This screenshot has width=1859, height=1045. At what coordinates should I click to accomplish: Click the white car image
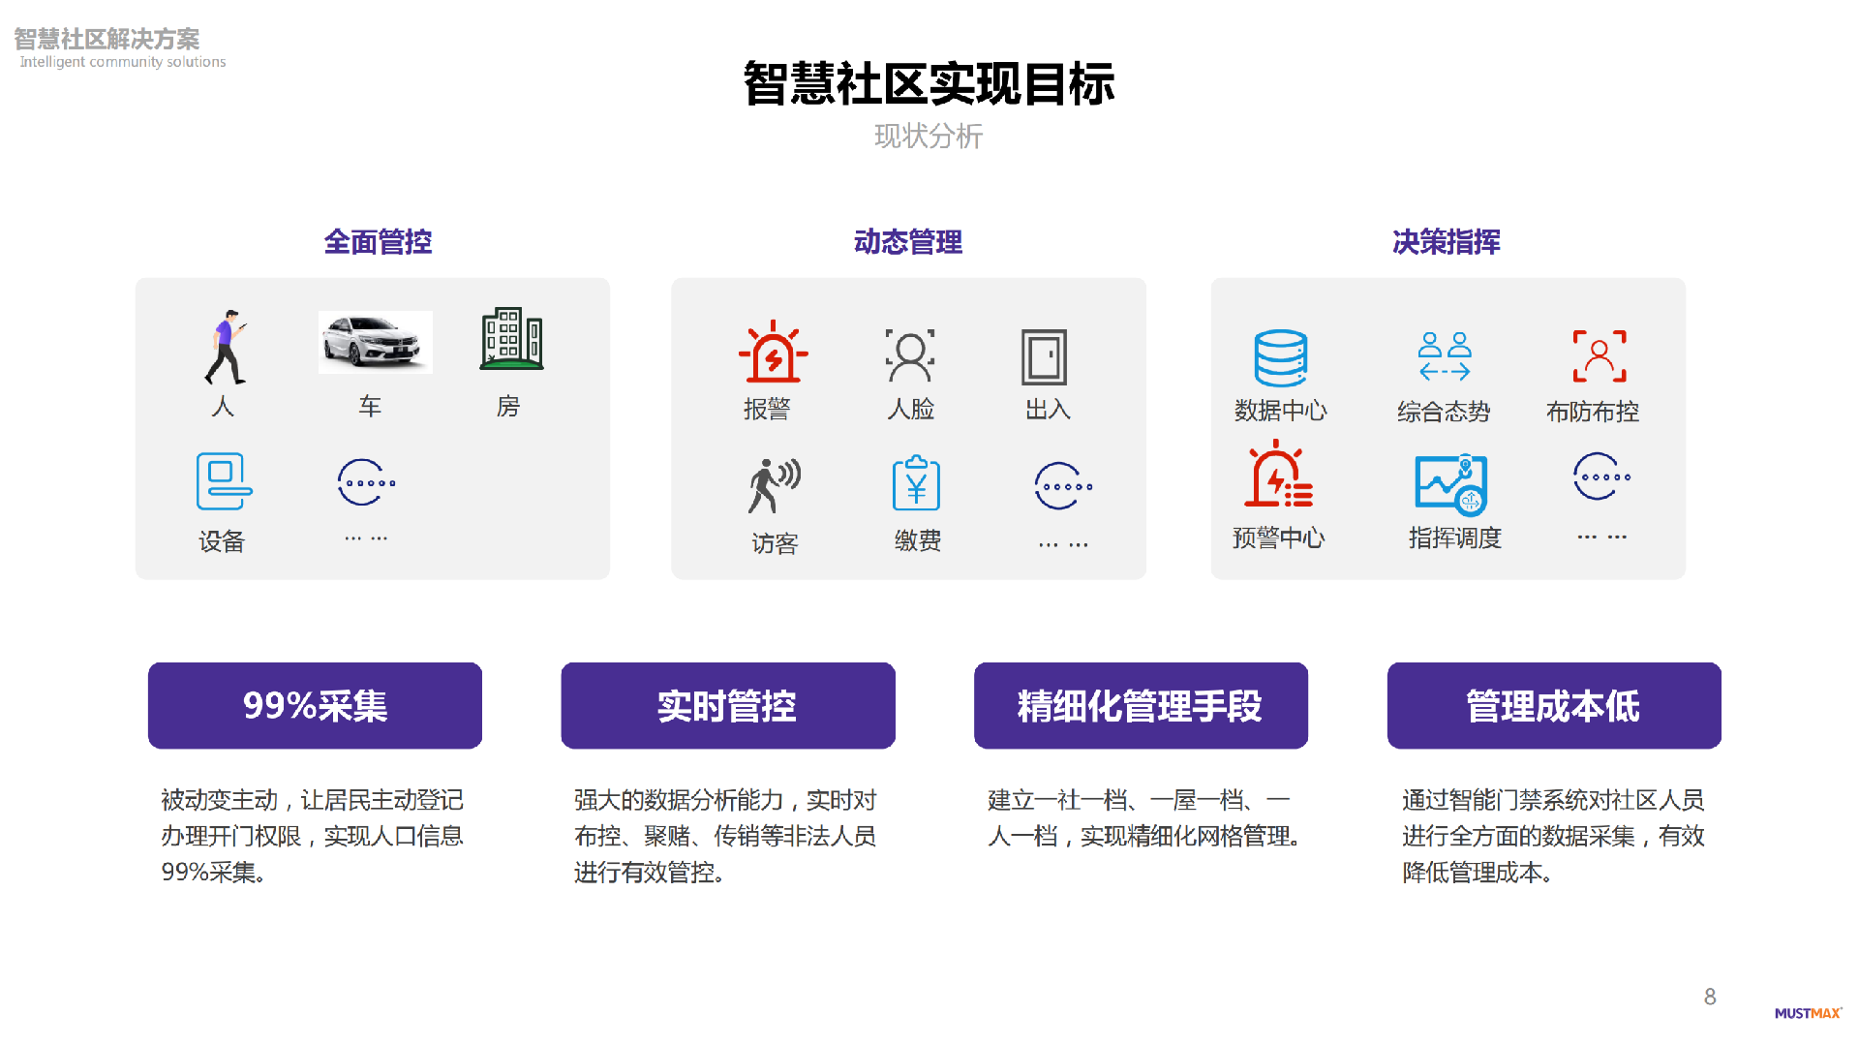pos(376,342)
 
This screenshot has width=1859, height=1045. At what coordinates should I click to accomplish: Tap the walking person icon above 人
pos(226,347)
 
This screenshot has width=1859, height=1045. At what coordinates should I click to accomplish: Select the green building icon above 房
pos(511,339)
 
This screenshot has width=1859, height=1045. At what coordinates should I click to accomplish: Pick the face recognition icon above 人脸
pos(910,355)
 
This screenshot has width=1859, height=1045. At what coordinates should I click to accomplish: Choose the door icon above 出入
pos(1044,356)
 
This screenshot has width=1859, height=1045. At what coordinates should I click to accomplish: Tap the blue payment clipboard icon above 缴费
pos(916,483)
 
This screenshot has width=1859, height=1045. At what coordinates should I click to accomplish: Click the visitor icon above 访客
pos(774,485)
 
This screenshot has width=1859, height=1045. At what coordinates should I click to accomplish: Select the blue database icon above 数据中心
pos(1280,358)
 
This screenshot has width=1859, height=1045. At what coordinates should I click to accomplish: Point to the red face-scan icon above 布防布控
pos(1599,355)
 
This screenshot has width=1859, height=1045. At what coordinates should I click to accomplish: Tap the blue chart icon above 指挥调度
pos(1450,484)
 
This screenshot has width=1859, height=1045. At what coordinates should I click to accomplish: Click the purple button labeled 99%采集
pos(315,705)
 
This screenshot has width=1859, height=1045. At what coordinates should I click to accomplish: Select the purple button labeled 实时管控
pos(727,705)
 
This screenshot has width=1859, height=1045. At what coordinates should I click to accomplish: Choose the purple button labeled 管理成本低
pos(1553,705)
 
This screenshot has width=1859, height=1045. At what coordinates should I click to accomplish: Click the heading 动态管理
pos(908,241)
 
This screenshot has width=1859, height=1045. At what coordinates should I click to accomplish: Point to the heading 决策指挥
pos(1447,241)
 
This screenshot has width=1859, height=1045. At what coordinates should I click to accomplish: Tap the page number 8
pos(1710,997)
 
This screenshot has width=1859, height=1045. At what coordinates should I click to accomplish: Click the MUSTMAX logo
pos(1808,1013)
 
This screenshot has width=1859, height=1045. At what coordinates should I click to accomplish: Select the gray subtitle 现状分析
pos(929,136)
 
